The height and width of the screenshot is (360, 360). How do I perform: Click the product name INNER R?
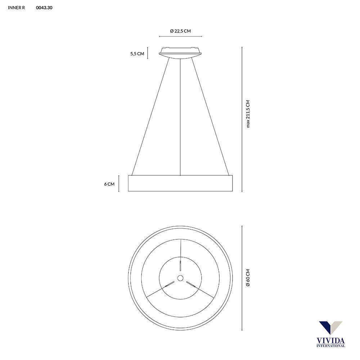click(x=16, y=8)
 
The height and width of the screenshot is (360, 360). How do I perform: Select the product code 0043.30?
click(x=44, y=8)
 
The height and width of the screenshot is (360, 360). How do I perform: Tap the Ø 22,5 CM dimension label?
click(x=180, y=31)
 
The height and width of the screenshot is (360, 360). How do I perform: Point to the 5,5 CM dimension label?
click(x=137, y=54)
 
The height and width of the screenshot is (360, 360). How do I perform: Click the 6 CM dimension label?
click(x=109, y=184)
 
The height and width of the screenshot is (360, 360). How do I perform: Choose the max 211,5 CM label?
click(x=248, y=114)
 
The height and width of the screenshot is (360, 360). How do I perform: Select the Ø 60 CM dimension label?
click(x=248, y=278)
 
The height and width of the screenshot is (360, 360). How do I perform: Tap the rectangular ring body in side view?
click(x=180, y=183)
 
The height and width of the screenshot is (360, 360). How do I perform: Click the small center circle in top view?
click(x=180, y=278)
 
